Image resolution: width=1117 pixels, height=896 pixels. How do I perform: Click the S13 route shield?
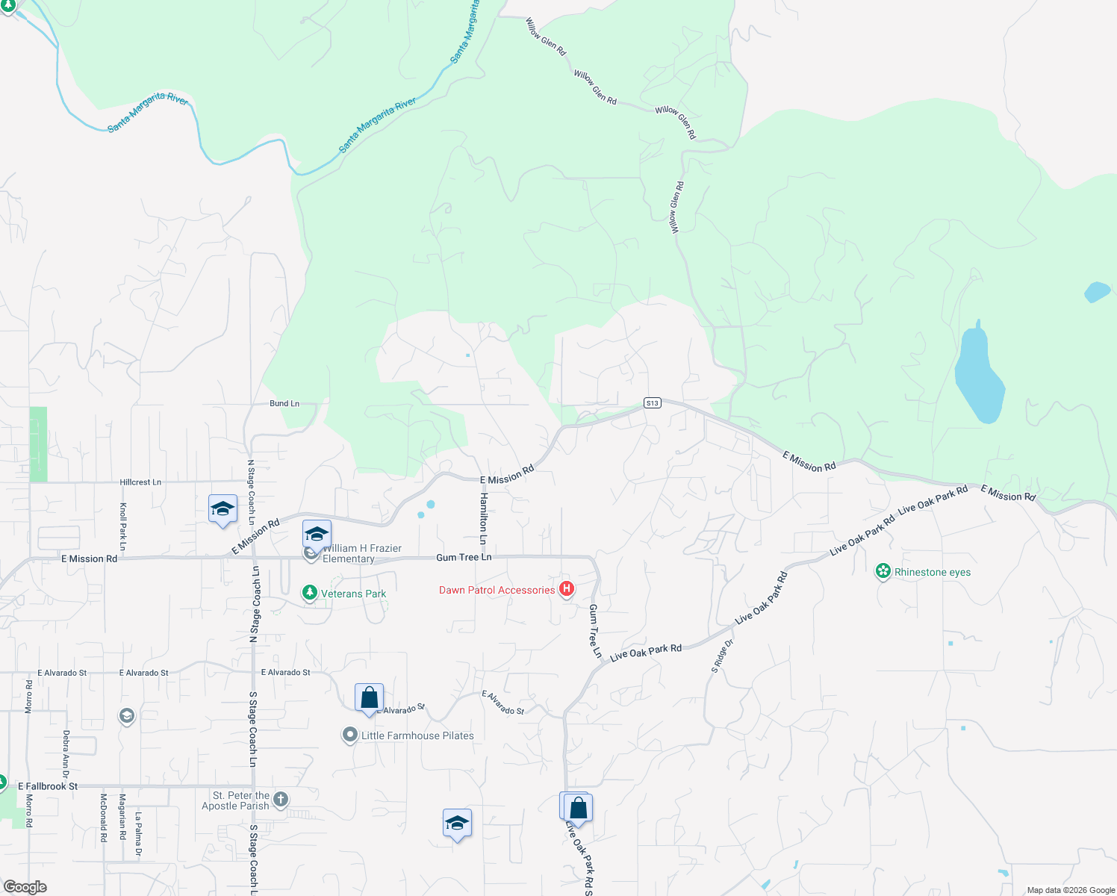(x=653, y=403)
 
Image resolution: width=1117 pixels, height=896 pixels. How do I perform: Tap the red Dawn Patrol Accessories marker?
(x=567, y=589)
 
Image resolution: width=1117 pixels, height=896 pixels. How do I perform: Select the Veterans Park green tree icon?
(x=309, y=593)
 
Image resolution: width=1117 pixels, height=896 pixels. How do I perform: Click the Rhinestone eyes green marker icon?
(x=883, y=572)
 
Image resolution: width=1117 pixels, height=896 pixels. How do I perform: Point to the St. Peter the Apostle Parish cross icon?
(x=281, y=800)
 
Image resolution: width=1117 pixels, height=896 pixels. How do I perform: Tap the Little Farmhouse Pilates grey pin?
(x=349, y=735)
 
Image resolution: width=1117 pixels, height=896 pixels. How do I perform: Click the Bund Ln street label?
(x=284, y=403)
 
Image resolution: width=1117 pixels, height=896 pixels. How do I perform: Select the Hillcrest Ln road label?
(x=140, y=482)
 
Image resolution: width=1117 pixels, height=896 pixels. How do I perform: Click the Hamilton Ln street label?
(x=484, y=518)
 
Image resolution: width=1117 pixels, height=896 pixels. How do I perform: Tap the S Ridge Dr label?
(x=722, y=656)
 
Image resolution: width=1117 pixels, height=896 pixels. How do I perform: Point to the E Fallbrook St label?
(x=48, y=786)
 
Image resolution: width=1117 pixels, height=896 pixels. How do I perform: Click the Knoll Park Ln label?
(x=123, y=527)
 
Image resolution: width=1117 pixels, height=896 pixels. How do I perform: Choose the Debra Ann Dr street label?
(x=66, y=755)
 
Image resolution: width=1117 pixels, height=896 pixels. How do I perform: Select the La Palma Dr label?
(x=139, y=834)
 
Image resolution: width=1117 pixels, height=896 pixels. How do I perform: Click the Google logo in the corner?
(x=25, y=887)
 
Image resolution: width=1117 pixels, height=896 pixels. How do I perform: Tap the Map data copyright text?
(x=1071, y=890)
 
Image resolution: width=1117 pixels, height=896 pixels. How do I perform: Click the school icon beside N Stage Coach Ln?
(x=223, y=509)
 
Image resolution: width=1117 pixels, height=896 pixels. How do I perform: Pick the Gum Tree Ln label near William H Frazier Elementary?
(x=464, y=557)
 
